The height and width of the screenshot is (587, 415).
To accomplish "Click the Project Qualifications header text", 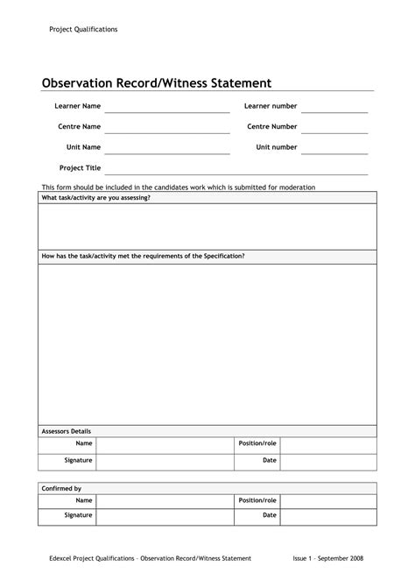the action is click(x=83, y=30).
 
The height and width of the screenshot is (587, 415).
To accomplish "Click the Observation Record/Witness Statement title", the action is click(x=157, y=83).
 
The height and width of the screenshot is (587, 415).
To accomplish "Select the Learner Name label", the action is click(x=78, y=106).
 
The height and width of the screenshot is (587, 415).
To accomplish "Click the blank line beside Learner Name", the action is click(x=167, y=110).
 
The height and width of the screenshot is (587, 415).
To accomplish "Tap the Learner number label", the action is click(x=271, y=106).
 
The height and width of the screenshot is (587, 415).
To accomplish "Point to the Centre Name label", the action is click(x=79, y=127).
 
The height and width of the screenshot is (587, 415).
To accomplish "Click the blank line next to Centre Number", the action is click(x=334, y=131).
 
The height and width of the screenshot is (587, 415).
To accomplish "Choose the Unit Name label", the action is click(x=84, y=147).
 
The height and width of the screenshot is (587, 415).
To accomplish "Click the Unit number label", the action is click(x=277, y=147).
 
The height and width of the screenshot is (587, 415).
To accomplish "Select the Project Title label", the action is click(x=80, y=167).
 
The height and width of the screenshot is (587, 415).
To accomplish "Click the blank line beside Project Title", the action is click(x=236, y=173).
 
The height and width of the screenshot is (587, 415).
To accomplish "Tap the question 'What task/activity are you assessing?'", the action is click(x=96, y=198).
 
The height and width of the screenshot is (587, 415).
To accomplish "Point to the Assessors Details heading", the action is click(x=67, y=431).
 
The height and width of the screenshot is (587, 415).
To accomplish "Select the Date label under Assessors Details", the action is click(x=270, y=460).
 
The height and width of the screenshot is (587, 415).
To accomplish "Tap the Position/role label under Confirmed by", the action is click(x=257, y=500).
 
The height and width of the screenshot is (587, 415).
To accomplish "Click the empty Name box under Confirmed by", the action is click(x=165, y=501).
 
